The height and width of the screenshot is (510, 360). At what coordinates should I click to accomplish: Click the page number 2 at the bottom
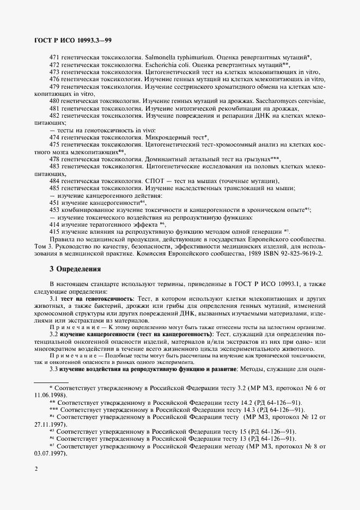[35, 469]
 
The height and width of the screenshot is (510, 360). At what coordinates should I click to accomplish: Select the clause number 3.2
[53, 333]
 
